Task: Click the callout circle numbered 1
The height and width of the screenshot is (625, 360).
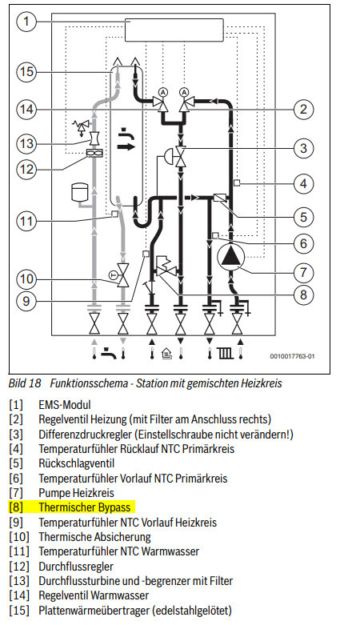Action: click(x=26, y=21)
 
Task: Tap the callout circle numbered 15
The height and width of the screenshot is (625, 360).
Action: click(x=26, y=72)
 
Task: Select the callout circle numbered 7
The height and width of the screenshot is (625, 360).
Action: click(x=304, y=273)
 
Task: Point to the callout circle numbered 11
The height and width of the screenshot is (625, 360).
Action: click(x=26, y=221)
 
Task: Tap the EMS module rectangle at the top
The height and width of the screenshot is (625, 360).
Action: click(x=174, y=30)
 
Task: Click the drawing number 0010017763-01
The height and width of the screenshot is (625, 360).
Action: click(x=292, y=356)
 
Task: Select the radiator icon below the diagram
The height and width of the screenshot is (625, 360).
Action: click(x=225, y=353)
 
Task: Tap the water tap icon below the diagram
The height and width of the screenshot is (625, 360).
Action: click(x=109, y=353)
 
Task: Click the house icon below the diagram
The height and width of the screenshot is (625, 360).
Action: click(x=166, y=353)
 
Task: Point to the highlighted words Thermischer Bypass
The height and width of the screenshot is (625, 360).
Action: click(x=85, y=507)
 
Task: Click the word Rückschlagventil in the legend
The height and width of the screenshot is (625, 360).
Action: click(x=77, y=463)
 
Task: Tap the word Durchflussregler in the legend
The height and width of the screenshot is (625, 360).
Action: click(x=76, y=567)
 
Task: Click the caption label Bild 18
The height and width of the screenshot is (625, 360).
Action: click(x=25, y=383)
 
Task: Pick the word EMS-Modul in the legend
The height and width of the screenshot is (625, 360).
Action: click(x=65, y=405)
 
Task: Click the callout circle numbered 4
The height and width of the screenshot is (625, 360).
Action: click(x=304, y=184)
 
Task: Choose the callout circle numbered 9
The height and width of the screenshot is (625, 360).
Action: click(x=26, y=301)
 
